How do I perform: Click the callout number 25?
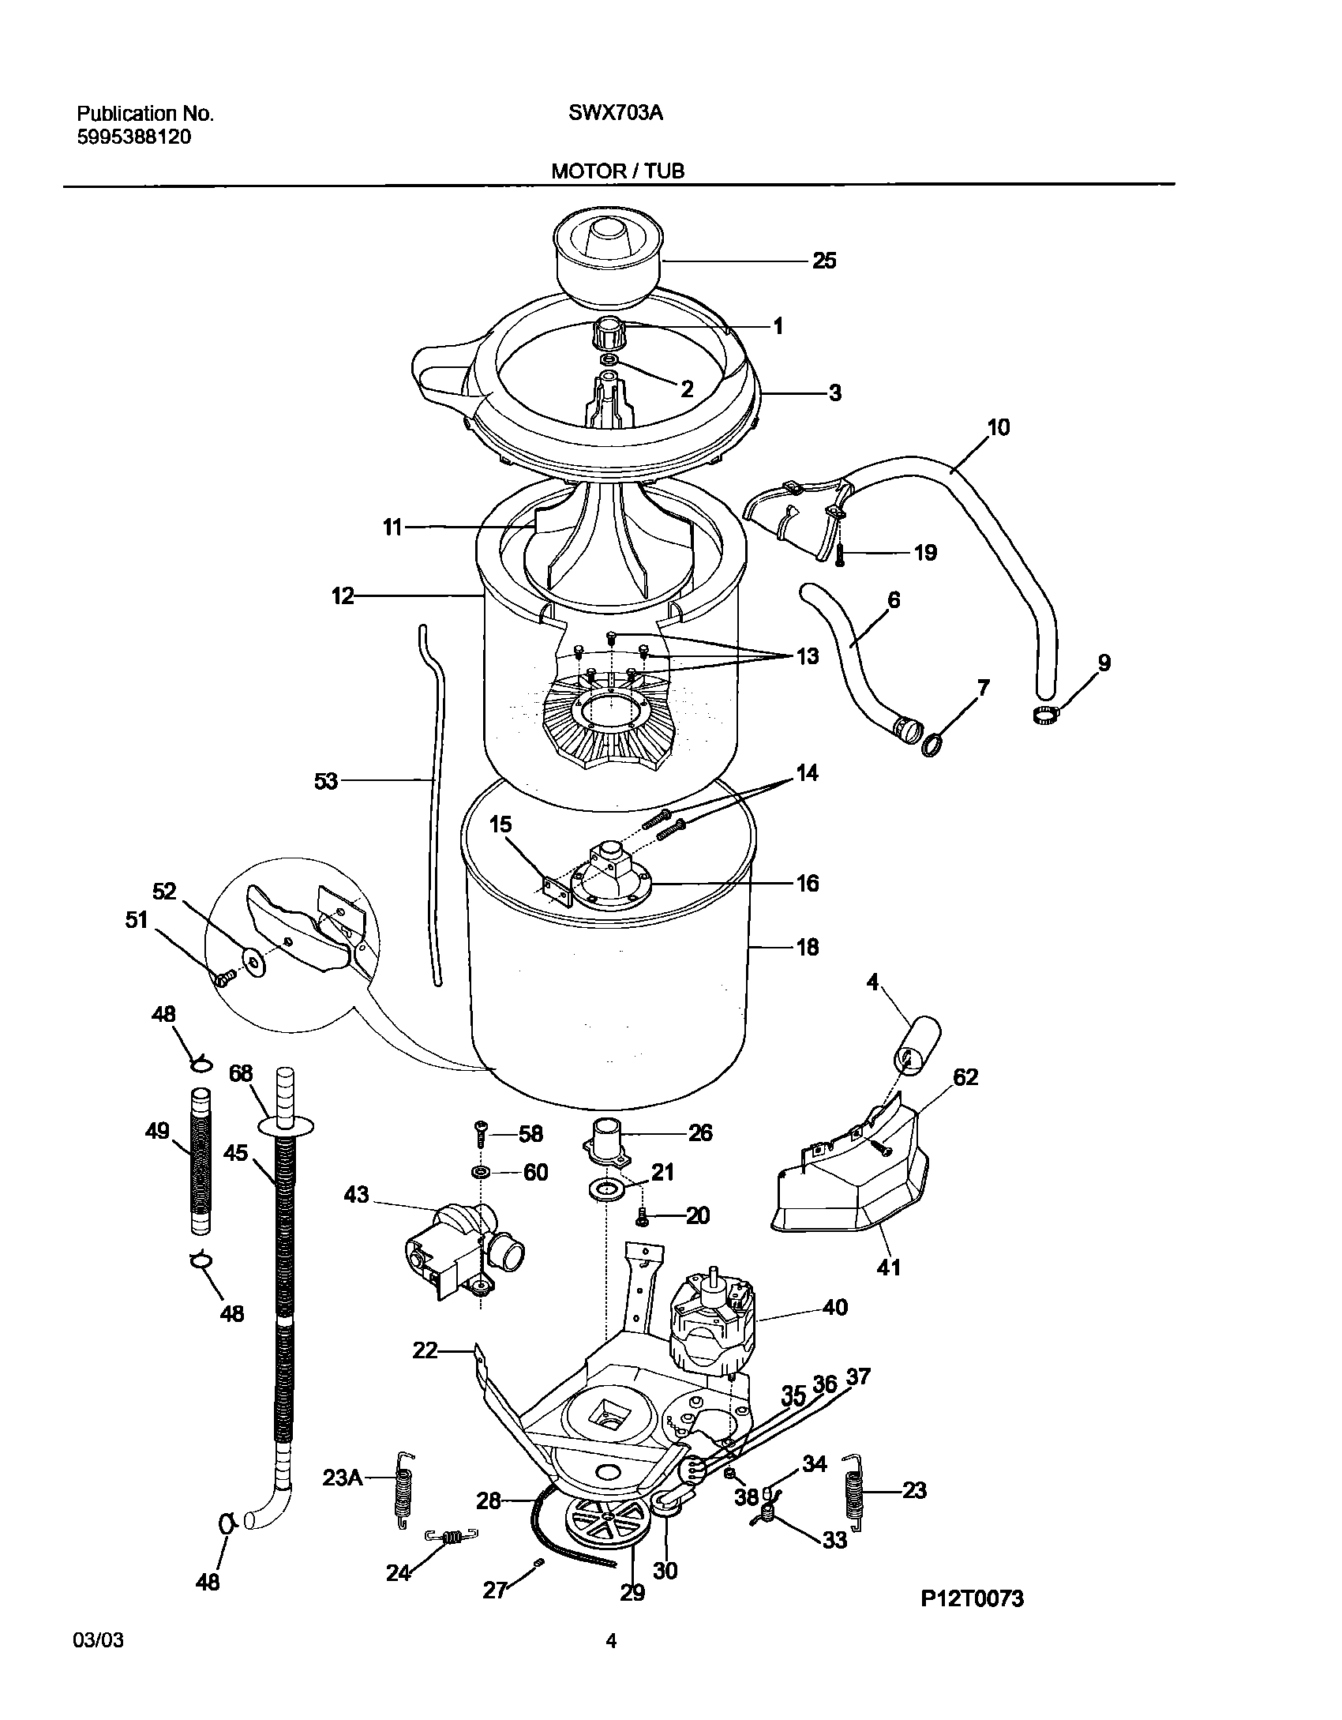(x=824, y=261)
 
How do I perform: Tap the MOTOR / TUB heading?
(x=617, y=171)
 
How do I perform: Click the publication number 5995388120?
(x=133, y=137)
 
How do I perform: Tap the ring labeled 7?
(x=932, y=745)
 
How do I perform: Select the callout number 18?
(x=808, y=947)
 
